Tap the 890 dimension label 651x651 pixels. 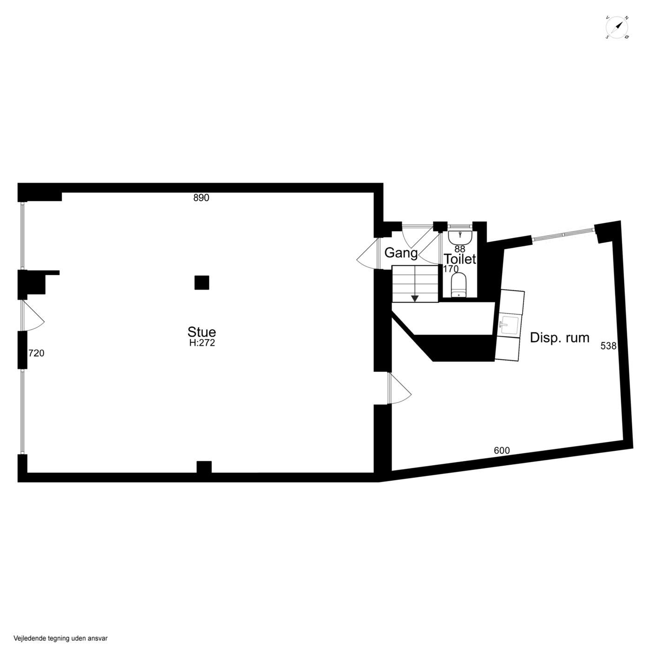201,198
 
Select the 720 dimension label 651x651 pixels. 36,353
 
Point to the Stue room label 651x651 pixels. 202,332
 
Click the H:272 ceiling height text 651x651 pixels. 202,343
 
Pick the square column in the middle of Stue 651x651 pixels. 202,282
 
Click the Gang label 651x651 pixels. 401,253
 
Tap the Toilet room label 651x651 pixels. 460,259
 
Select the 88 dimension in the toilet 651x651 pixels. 460,249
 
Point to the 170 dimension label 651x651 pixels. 451,269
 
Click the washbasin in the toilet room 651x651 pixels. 460,237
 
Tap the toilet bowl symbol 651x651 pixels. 459,286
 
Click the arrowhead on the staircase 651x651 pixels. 415,299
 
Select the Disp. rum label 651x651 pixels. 559,338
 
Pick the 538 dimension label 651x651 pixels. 608,346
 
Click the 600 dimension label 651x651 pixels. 502,450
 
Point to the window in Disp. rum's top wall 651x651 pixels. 563,234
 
